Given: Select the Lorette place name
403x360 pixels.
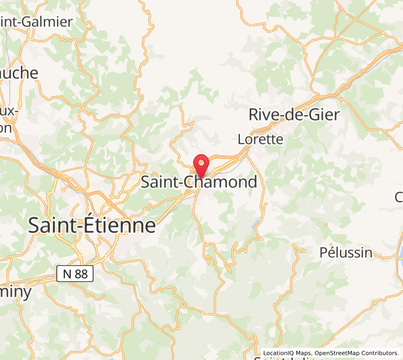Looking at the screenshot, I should (260, 139).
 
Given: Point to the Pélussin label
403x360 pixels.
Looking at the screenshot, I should (346, 252).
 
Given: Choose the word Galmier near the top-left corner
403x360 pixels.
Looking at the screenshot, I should (46, 22).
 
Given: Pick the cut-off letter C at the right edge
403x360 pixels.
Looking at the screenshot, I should (399, 197).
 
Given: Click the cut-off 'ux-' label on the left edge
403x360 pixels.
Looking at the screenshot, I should (8, 112).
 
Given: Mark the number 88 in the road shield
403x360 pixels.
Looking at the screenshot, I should (81, 274).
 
